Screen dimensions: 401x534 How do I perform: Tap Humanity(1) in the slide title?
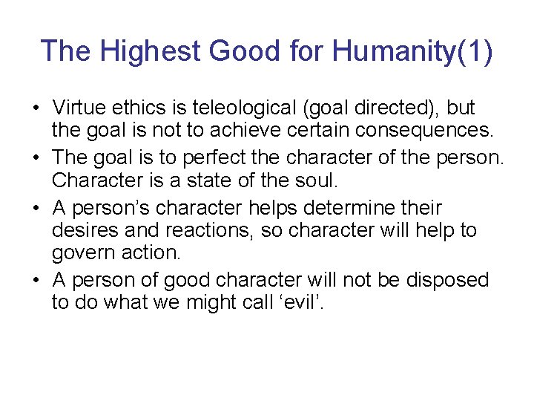click(x=412, y=51)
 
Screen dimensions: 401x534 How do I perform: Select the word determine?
click(x=372, y=208)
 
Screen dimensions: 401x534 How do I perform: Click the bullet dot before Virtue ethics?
click(x=35, y=109)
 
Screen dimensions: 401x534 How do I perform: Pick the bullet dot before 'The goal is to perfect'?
click(x=35, y=159)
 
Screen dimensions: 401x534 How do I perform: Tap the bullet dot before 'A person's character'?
click(x=35, y=209)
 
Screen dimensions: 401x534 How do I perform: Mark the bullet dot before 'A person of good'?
click(x=35, y=281)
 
